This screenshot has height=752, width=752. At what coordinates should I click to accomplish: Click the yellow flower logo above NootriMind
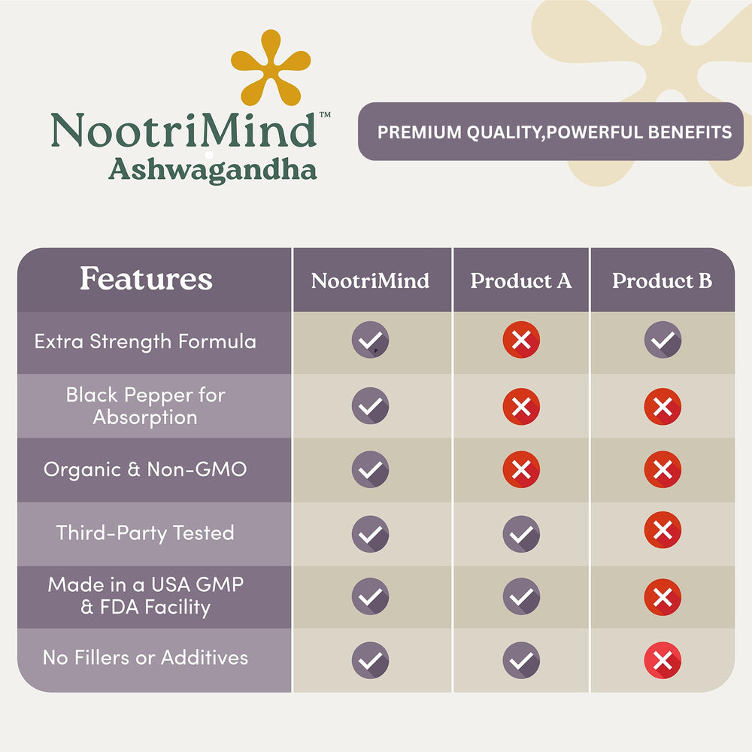coord(270,68)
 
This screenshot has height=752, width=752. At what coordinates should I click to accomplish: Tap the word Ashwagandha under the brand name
coord(212,169)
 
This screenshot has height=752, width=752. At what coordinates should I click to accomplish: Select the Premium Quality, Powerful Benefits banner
coord(553,132)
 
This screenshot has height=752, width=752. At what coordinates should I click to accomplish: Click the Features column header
coord(147,279)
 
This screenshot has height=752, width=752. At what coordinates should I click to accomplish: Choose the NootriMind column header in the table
coord(370,281)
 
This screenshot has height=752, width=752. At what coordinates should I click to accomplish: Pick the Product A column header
coord(521,281)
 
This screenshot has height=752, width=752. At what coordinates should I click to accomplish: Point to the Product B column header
coord(662,281)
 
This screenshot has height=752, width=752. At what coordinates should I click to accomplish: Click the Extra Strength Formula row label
coord(145,341)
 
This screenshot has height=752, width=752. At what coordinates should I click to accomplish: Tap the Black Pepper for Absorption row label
coord(145,406)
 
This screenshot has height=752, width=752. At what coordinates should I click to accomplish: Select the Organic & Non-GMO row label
coord(145,469)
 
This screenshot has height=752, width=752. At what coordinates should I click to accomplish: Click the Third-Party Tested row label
coord(145,533)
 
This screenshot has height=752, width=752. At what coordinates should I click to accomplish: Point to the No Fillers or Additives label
coord(145,657)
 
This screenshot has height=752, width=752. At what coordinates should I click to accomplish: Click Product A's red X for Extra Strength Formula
coord(521,340)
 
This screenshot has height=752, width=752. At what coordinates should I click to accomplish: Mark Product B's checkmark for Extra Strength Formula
coord(663,340)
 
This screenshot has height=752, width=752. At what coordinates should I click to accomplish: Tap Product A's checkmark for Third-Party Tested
coord(521,534)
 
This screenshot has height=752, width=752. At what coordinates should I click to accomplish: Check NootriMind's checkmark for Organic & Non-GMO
coord(370,470)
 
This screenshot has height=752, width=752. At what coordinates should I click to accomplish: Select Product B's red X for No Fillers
coord(663,661)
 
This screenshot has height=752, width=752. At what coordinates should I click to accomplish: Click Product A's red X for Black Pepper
coord(521,406)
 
